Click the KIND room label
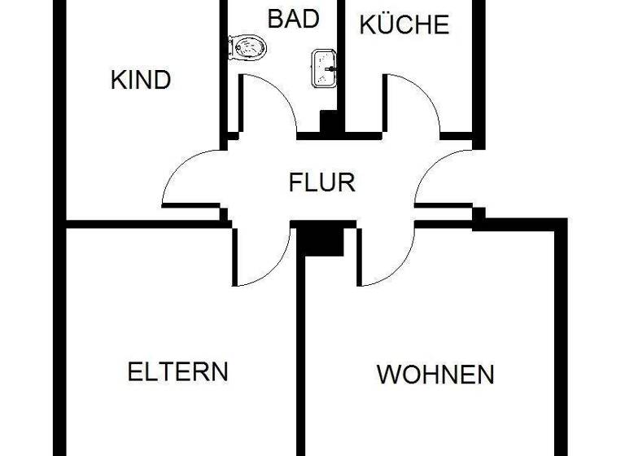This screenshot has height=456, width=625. (140, 81)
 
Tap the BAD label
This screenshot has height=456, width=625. (293, 19)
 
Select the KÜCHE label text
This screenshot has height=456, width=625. (404, 25)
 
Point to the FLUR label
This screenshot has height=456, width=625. (322, 182)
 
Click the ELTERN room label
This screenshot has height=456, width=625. (177, 372)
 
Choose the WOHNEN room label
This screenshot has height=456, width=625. (435, 375)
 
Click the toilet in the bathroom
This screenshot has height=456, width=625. (249, 48)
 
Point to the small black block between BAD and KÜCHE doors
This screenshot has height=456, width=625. (330, 121)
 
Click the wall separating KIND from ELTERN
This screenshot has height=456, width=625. (142, 223)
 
